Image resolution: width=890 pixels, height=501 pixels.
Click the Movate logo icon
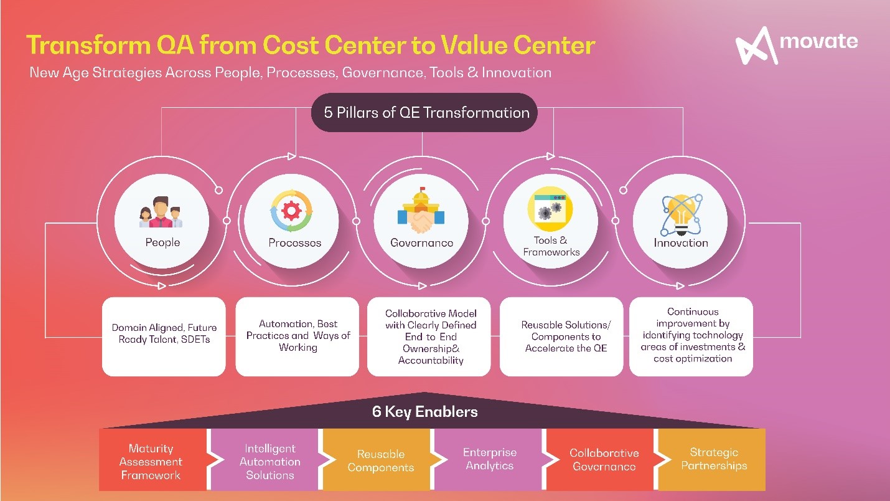[756, 45]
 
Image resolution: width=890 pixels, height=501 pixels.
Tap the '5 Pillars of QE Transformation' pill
[424, 113]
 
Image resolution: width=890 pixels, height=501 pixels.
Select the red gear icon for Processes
[291, 211]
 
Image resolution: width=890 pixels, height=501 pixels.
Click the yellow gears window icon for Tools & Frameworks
[550, 209]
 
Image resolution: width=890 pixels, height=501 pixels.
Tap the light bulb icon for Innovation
[682, 215]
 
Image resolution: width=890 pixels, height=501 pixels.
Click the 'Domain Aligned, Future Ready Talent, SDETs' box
[164, 336]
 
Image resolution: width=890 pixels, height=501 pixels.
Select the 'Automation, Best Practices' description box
[297, 336]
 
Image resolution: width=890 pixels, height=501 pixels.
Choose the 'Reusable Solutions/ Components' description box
[561, 336]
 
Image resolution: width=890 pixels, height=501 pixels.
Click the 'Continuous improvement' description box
[691, 336]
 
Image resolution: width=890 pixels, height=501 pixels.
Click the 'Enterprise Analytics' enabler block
[489, 460]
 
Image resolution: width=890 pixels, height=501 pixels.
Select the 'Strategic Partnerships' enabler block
[712, 460]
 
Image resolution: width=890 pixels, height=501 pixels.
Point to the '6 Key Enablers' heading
[424, 412]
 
